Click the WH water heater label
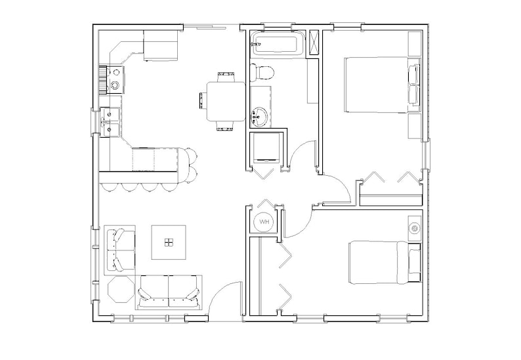[264, 222]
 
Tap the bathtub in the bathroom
[277, 45]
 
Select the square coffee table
[169, 243]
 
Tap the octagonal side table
[120, 290]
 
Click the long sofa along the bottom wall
[169, 290]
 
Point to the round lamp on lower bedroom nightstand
[415, 228]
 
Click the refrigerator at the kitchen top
[161, 46]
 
